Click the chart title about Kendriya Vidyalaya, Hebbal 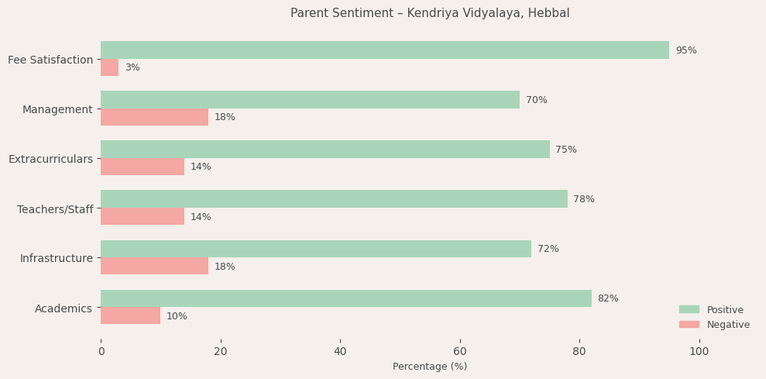point(430,13)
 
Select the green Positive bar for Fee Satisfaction point(385,50)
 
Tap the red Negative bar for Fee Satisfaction point(110,67)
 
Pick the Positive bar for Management point(310,100)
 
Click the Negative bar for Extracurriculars point(143,167)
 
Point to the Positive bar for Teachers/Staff point(334,199)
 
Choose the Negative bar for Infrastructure point(154,266)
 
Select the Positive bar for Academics point(346,298)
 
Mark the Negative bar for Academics point(130,315)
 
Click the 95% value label point(685,50)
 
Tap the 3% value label point(132,67)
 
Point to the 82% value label point(607,298)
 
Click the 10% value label point(177,316)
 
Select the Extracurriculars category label point(50,159)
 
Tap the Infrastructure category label point(56,258)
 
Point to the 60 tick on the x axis point(460,351)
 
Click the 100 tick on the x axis point(699,351)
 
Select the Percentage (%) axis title point(430,367)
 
